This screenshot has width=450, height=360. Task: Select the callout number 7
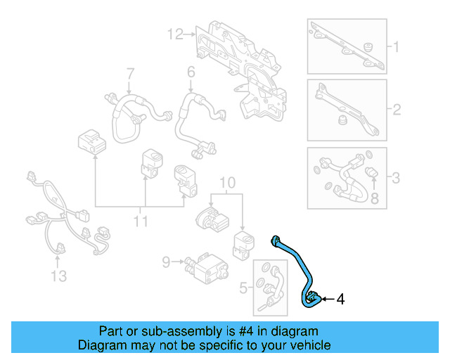point(130,74)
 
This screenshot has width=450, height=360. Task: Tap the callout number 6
point(191,72)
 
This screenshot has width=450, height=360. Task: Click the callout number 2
point(396,110)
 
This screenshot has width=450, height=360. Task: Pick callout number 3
point(396,178)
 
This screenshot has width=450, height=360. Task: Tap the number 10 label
point(226,184)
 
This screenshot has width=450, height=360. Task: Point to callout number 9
point(167,262)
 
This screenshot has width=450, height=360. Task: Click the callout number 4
point(340,300)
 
